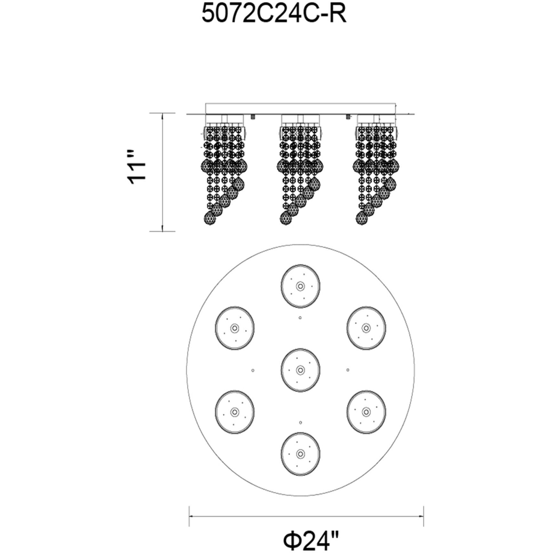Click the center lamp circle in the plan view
coord(300,370)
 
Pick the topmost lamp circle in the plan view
coord(300,286)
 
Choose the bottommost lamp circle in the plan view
coord(300,453)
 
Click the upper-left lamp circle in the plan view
coord(235,328)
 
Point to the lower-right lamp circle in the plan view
coord(366,412)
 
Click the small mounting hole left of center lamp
coord(253,370)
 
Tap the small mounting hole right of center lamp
coord(348,370)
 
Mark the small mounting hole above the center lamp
coord(300,318)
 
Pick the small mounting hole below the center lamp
coord(300,423)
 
